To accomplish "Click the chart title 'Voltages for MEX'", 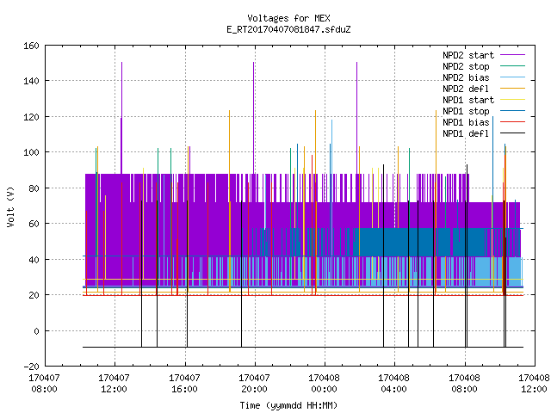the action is coord(288,18).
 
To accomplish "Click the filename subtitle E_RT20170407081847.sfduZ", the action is coord(288,29).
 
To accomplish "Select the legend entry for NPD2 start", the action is coord(468,55).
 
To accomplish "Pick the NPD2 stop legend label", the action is coord(466,66).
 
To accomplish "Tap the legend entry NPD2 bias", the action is coord(466,77).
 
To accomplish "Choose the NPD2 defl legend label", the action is coord(466,89).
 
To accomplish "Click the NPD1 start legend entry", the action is coord(468,100).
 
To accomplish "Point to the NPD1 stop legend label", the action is coord(466,111).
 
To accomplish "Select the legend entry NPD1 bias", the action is coord(466,122).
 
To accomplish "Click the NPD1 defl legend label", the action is coord(466,134).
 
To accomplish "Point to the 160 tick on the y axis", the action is coord(31,46).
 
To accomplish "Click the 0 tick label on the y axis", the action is coord(36,331).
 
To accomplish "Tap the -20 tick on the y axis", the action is coord(31,367).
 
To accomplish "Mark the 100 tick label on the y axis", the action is coord(31,152).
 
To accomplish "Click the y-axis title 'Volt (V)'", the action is coord(11,207).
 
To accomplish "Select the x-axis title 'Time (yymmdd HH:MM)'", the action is coord(288,405).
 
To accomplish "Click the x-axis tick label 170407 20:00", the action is coord(254,384).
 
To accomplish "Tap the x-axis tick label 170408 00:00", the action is coord(324,384).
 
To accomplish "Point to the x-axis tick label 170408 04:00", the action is coord(393,384).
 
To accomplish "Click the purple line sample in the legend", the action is coord(512,55).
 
